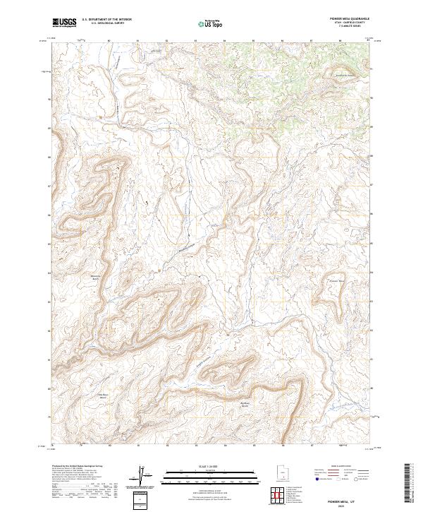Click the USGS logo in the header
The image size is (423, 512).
tap(64, 23)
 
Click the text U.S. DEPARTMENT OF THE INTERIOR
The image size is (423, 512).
tap(106, 20)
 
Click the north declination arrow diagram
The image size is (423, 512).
tap(143, 477)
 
